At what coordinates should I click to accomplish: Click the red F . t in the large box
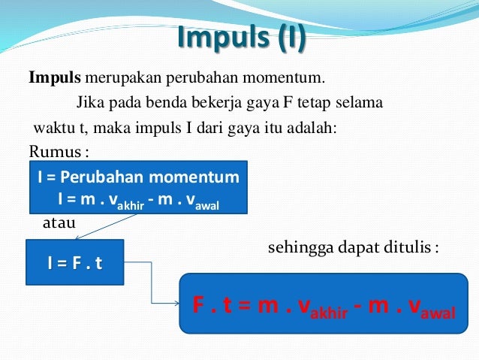(216, 305)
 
